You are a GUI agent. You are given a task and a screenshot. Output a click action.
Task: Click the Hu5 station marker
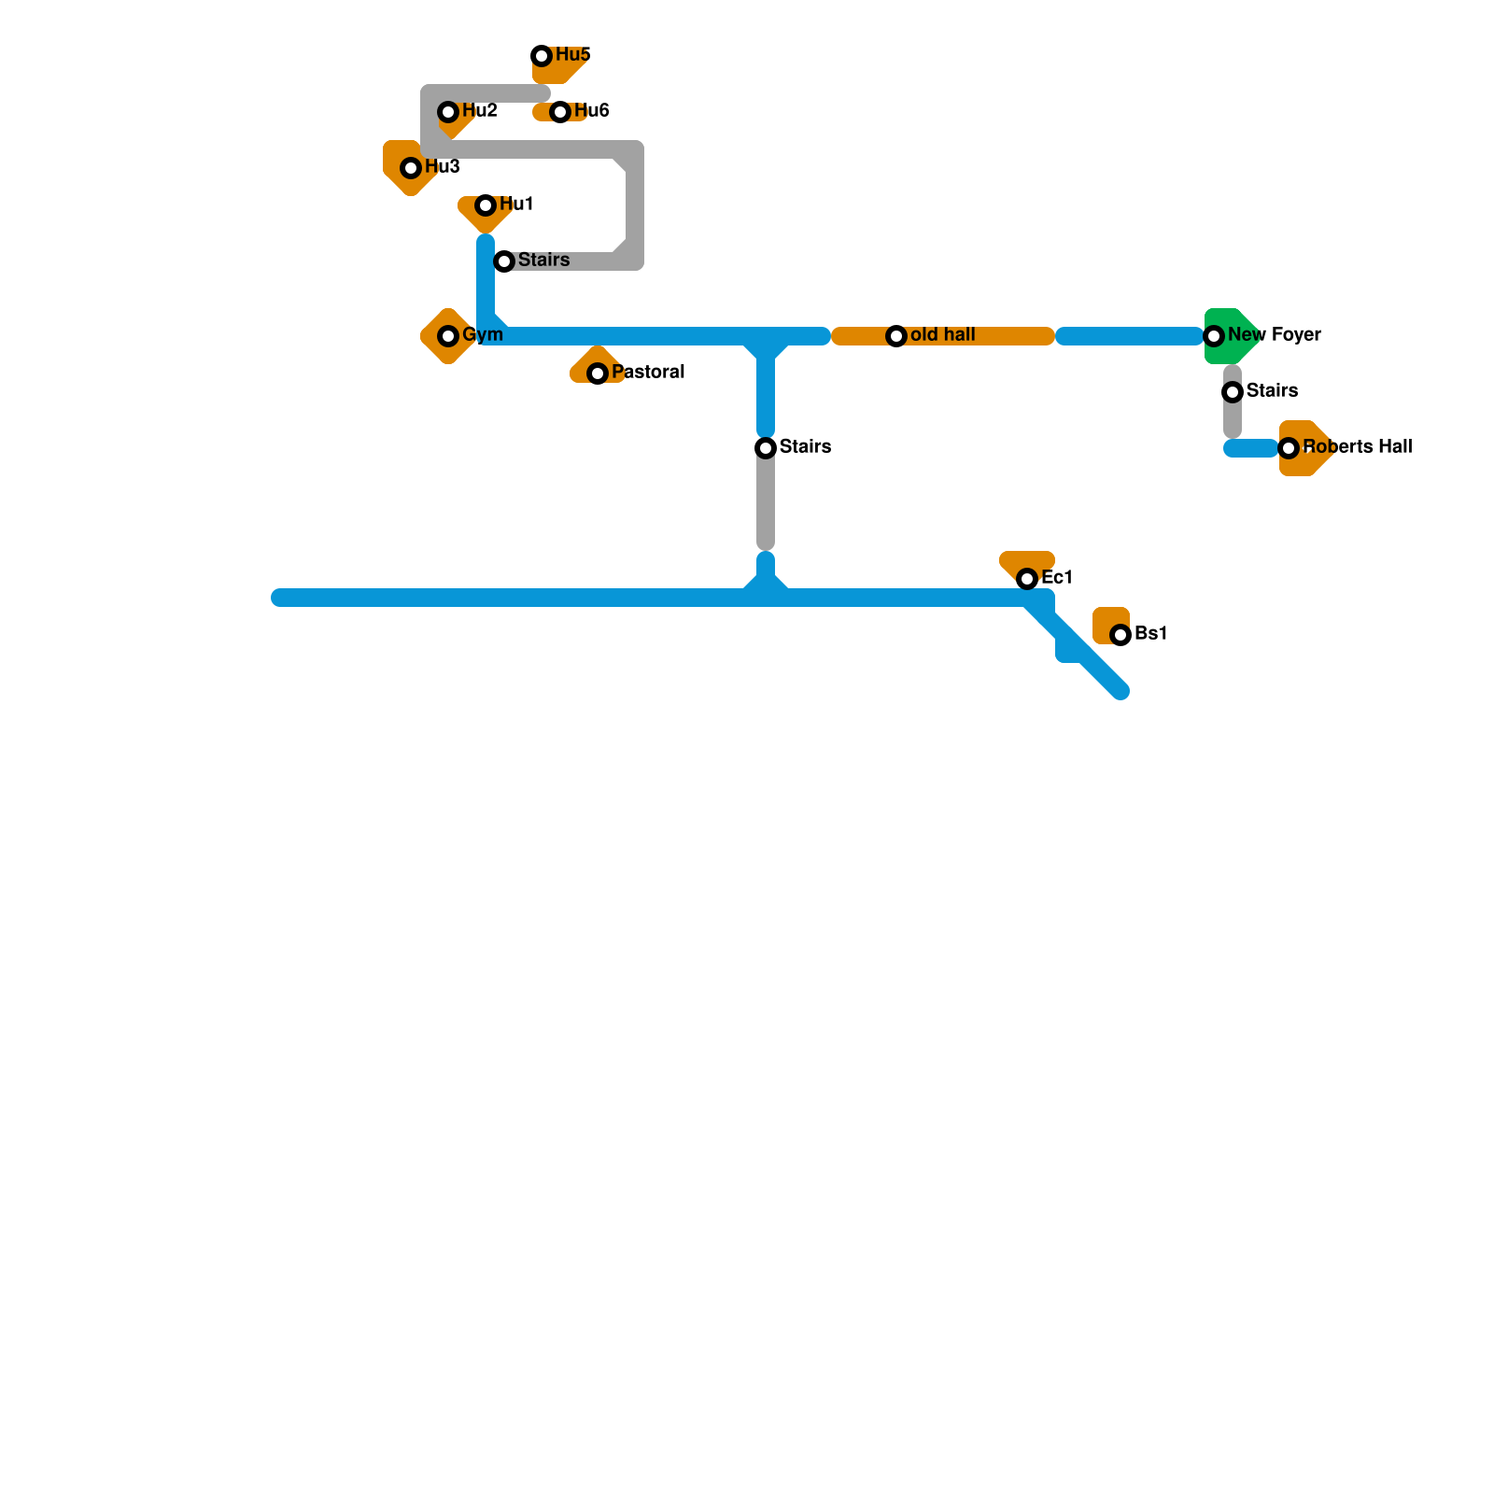coord(542,56)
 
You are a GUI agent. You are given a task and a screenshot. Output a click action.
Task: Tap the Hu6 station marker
coord(560,112)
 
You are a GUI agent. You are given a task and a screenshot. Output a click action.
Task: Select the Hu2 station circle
coord(448,112)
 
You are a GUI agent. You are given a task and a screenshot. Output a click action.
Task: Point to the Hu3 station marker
coord(411,168)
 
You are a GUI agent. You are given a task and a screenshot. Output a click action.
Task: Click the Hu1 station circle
coord(486,205)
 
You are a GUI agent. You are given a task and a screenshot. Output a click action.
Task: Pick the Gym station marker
coord(448,336)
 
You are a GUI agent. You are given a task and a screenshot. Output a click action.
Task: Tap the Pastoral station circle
coord(598,373)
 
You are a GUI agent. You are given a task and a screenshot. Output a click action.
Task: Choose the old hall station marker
coord(896,336)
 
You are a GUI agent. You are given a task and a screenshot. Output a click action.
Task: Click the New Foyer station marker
coord(1214,336)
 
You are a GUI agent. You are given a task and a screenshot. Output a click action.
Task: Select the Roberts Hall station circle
coord(1289,448)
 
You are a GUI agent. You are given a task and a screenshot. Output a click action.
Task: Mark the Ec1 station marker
coord(1027,579)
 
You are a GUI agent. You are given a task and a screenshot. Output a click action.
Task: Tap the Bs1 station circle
coord(1120,635)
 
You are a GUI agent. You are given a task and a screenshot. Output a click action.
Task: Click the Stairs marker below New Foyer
coord(1233,392)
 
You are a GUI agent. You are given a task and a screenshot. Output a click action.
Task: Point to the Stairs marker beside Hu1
coord(504,261)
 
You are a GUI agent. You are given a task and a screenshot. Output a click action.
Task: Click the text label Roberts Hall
coord(1358,447)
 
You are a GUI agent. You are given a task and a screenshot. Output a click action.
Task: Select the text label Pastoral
coord(648,373)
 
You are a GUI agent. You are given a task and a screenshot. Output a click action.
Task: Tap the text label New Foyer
coord(1274,335)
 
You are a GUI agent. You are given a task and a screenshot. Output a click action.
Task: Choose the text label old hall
coord(942,335)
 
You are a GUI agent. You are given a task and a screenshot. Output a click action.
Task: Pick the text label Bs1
coord(1150,634)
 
